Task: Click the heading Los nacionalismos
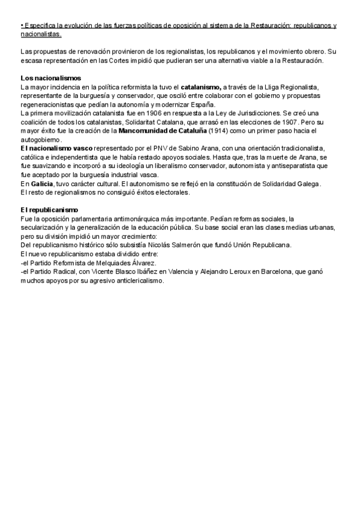[50, 79]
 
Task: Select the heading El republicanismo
[49, 209]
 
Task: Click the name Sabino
[176, 148]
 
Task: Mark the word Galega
[308, 184]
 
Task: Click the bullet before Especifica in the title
[22, 26]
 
